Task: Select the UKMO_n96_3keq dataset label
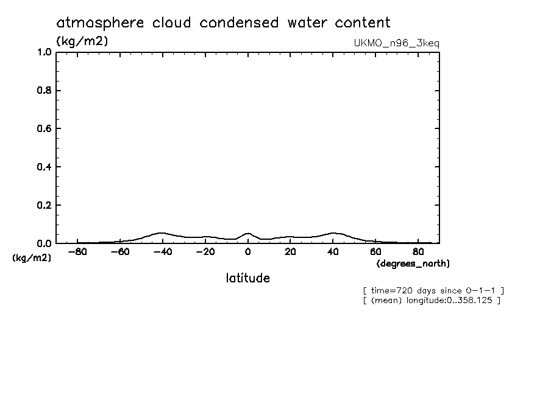pos(396,43)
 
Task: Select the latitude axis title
pos(247,278)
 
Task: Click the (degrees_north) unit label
pos(413,264)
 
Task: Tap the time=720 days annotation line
pos(433,290)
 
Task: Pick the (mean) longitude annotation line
pos(431,300)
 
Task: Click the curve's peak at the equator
pos(248,232)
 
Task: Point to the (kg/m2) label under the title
pos(82,41)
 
